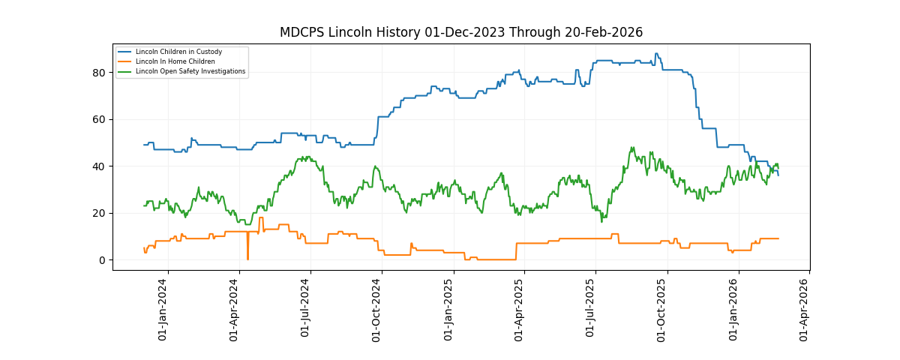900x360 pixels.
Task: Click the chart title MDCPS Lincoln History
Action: [x=460, y=32]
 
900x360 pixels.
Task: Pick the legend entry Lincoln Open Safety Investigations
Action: [x=190, y=71]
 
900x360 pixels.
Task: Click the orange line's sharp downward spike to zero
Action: [x=247, y=259]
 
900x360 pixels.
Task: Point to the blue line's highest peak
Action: [x=656, y=54]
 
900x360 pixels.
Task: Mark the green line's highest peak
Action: [x=632, y=148]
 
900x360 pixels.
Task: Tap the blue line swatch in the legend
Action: [x=124, y=52]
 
